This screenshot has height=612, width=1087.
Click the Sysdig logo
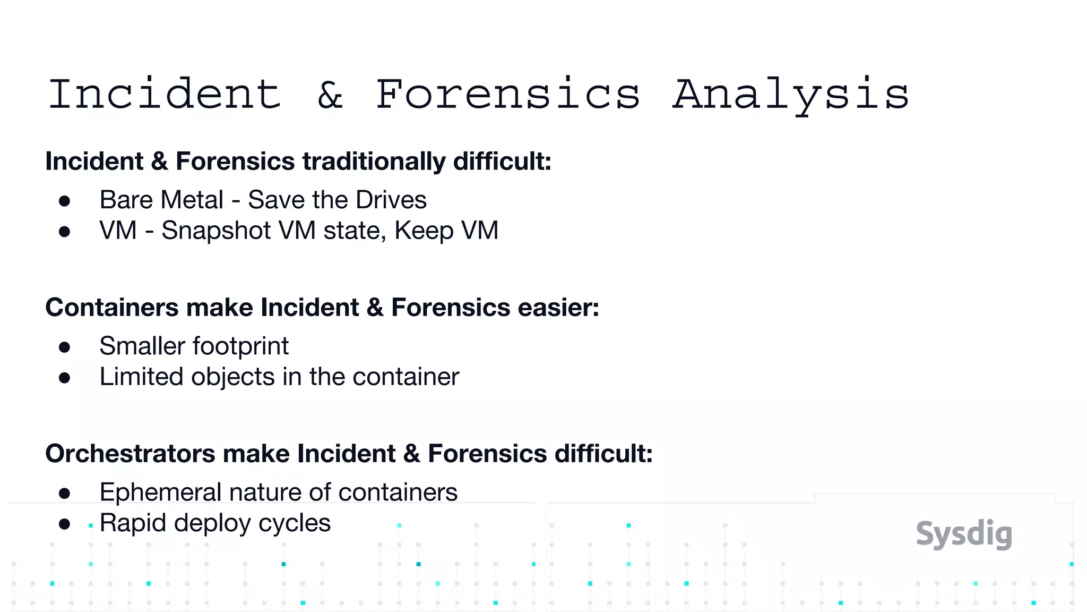[x=964, y=534]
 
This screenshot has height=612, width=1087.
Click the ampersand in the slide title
[x=330, y=95]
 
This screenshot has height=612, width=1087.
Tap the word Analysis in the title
[x=791, y=95]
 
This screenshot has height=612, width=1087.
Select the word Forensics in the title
[x=508, y=95]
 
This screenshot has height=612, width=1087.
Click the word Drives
[x=391, y=200]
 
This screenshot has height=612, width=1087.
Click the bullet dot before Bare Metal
[x=65, y=201]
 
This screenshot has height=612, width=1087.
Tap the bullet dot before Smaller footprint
[x=65, y=347]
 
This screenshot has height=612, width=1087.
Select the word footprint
[x=241, y=346]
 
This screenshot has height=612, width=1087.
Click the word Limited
[x=142, y=377]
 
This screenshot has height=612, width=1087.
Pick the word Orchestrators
[x=130, y=454]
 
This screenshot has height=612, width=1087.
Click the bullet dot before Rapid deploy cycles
[x=65, y=524]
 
